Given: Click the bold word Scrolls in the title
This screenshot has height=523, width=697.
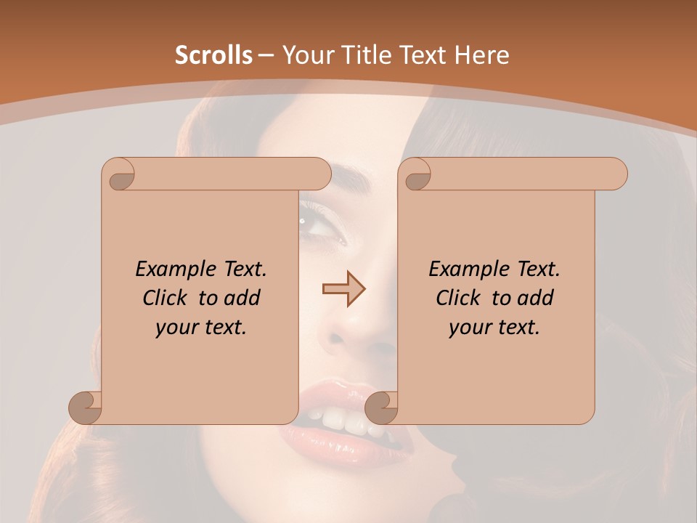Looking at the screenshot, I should coord(213,54).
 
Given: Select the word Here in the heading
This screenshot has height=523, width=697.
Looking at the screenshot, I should coord(481,54).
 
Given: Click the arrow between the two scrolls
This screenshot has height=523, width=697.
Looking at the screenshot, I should coord(343,289).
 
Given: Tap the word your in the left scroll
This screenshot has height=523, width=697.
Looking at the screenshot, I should coord(174,328).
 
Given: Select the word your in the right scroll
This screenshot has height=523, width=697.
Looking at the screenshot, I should coord(468,328).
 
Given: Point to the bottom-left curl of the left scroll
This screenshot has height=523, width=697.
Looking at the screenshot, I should coord(86,406).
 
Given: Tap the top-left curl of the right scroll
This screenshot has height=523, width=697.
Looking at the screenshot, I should coord(417,174).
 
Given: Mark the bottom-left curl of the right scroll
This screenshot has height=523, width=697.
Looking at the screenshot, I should coord(381,407).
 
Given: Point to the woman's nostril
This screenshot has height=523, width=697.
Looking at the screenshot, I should coord(338,338).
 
